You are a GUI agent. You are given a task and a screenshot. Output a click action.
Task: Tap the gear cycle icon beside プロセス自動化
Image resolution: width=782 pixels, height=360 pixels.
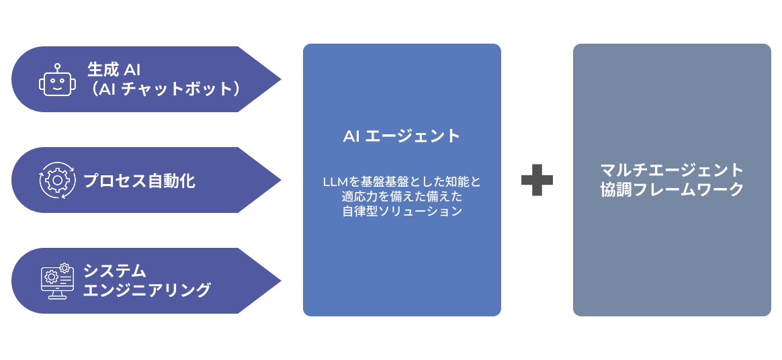coord(56,180)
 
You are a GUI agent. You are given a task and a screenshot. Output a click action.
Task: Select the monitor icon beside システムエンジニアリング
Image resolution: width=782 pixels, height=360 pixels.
coord(56,281)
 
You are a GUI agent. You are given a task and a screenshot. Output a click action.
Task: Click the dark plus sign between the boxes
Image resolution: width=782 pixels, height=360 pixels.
coord(537,180)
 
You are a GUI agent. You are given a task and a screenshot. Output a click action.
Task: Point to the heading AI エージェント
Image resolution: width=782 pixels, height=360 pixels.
coord(402,136)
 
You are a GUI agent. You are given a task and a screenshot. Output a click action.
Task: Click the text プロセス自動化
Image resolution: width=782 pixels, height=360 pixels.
coord(139,181)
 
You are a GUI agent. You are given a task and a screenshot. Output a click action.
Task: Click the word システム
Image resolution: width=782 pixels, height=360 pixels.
coord(114,271)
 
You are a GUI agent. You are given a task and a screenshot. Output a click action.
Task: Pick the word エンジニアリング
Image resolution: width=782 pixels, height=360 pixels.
coord(146,290)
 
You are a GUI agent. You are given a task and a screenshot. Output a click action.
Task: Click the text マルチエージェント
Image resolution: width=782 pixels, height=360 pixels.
coord(672,169)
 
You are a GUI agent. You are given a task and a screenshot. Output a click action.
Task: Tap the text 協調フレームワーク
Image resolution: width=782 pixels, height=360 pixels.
coord(672,189)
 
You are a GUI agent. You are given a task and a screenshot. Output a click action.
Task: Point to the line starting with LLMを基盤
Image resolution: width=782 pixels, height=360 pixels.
coord(402,182)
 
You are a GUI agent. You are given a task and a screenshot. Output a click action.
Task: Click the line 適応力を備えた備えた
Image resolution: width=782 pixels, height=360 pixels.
coord(402,197)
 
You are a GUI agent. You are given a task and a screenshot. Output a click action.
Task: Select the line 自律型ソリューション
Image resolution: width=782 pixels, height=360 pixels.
coord(402,211)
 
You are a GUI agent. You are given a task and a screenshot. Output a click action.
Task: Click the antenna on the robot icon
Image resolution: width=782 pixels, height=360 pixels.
coord(56,67)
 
